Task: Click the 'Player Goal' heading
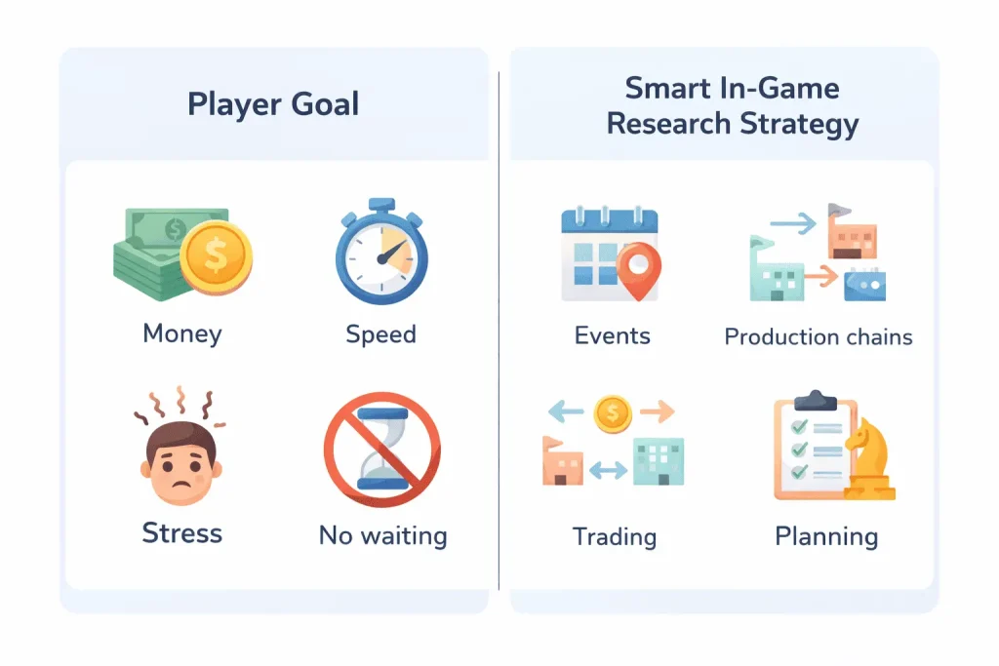tap(273, 103)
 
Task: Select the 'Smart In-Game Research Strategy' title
tap(732, 105)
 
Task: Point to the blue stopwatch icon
tap(381, 256)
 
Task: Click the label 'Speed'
tap(380, 334)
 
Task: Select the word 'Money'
tap(182, 333)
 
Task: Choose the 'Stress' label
tap(182, 533)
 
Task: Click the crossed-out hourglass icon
tap(381, 450)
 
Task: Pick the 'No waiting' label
tap(382, 535)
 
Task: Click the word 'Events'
tap(612, 336)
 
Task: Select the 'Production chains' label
tap(819, 337)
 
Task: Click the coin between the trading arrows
tap(611, 412)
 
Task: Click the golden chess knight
tap(867, 461)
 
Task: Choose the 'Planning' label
tap(826, 536)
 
